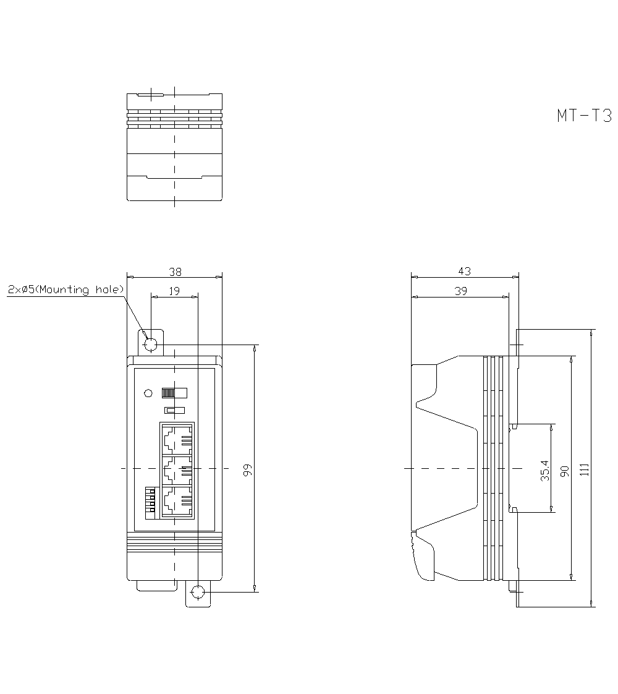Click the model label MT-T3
point(584,116)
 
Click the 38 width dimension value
point(175,271)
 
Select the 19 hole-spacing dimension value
point(175,291)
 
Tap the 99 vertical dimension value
point(248,469)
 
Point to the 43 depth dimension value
point(465,271)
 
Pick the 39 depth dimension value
point(460,291)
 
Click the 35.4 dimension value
point(544,469)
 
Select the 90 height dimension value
point(564,469)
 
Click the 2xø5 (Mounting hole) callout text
point(66,289)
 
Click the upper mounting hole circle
point(150,345)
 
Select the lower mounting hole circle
point(198,593)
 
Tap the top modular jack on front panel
point(177,439)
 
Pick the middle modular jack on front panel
point(177,471)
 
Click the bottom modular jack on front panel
point(177,502)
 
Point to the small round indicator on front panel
point(148,393)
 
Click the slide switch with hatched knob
point(174,393)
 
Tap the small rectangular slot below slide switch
point(174,409)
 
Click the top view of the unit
point(174,147)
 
